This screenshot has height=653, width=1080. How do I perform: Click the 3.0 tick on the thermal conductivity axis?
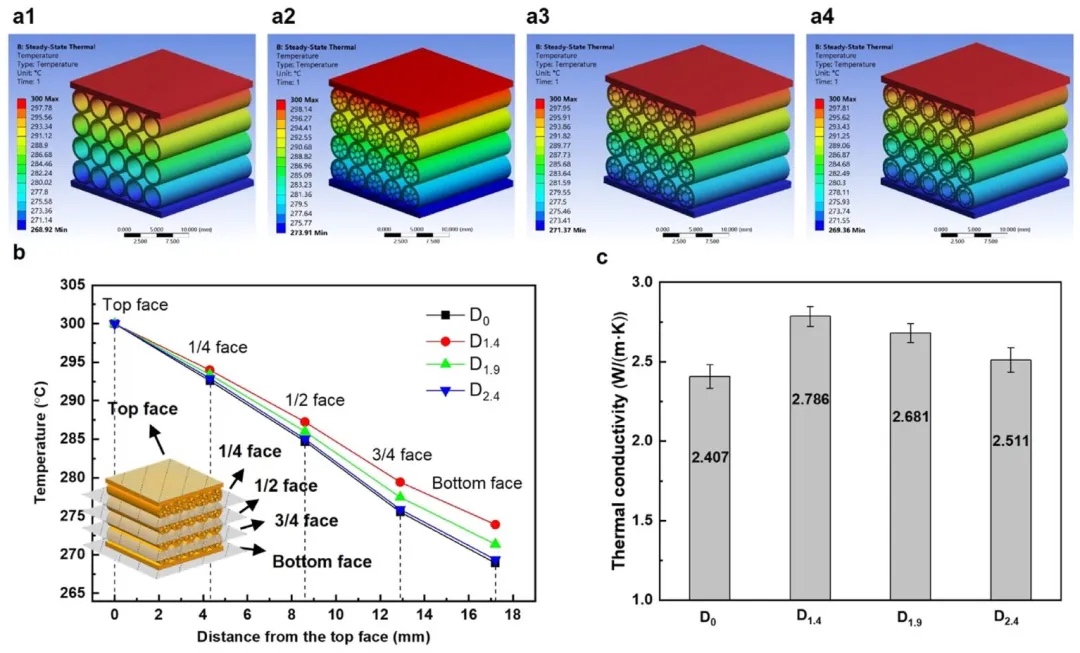[665, 283]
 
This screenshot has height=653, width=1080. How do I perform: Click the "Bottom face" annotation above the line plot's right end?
[477, 483]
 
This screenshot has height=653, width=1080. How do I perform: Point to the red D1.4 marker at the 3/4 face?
[400, 482]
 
